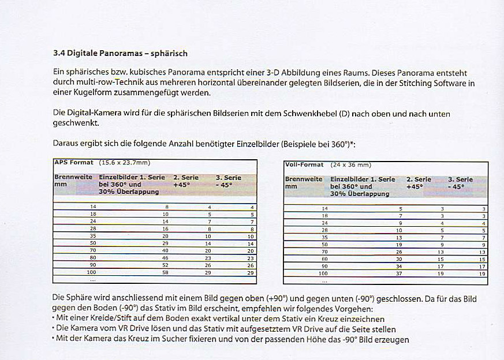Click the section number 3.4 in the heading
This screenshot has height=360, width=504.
[x=58, y=54]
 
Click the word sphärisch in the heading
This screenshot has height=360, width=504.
[x=169, y=54]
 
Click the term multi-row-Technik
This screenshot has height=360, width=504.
[x=98, y=83]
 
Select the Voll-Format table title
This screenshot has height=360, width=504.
[x=304, y=165]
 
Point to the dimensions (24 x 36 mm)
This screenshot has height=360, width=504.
[x=351, y=165]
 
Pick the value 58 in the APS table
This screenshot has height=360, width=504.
[x=166, y=271]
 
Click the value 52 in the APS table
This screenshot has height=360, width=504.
[x=166, y=264]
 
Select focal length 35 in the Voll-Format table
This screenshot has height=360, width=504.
[x=324, y=237]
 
